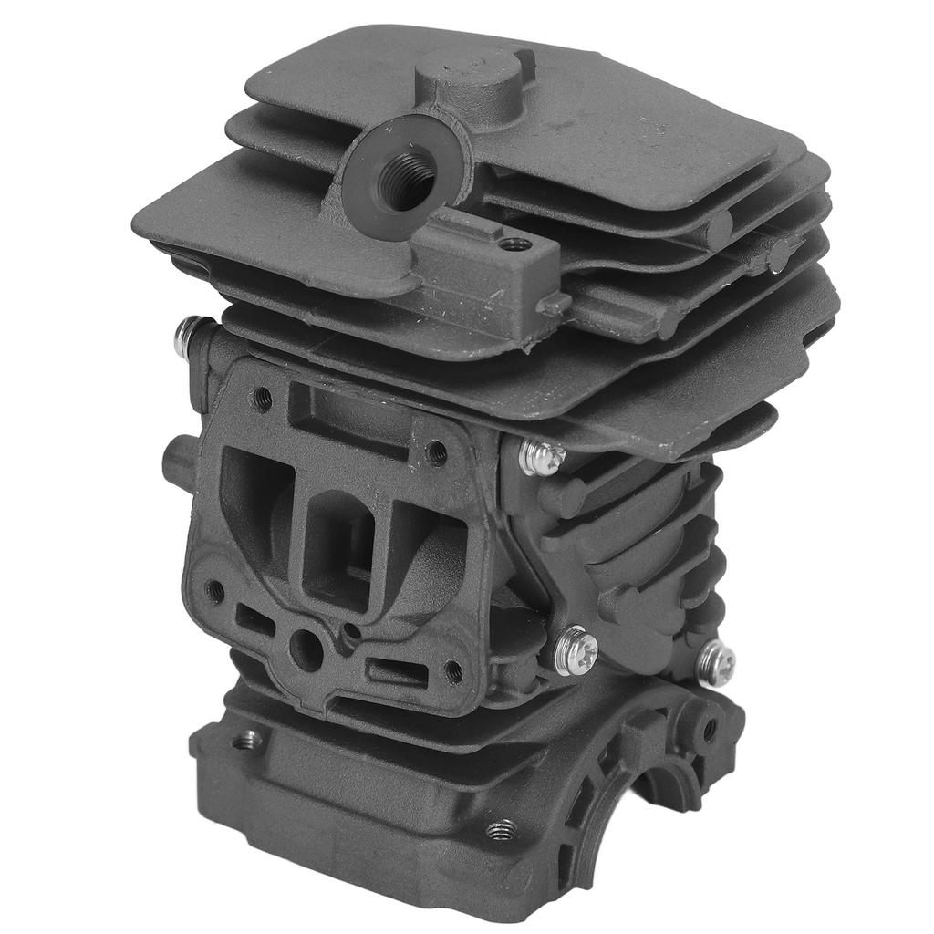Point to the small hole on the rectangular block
(x=514, y=244)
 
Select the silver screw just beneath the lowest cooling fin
(x=542, y=455)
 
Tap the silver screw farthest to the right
(x=716, y=659)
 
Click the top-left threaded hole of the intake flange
(x=263, y=396)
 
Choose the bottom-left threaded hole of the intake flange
(x=215, y=591)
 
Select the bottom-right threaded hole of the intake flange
(x=453, y=671)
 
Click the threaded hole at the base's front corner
(x=498, y=829)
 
